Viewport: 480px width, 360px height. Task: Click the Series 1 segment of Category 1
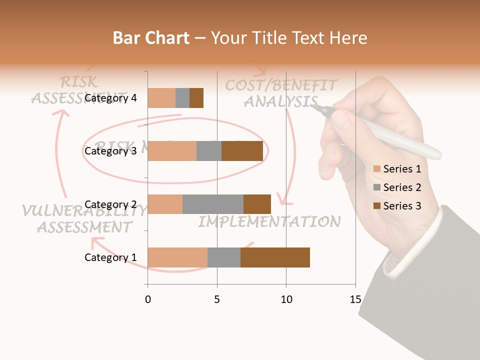177,257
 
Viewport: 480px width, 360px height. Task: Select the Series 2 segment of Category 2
213,204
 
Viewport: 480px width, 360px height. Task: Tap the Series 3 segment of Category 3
242,151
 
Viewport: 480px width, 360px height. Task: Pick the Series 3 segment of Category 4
196,98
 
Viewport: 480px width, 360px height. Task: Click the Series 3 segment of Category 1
275,257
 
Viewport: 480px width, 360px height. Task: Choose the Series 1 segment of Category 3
172,151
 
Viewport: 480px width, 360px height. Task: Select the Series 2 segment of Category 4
182,98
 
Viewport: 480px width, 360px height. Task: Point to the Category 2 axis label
110,204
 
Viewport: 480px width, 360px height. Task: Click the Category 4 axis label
110,98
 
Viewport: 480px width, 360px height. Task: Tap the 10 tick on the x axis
286,299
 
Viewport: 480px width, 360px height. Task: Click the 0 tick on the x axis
147,299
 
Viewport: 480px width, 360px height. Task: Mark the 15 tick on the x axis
355,299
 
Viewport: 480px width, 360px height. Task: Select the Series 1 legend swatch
376,169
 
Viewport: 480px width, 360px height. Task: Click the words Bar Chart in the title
151,38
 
